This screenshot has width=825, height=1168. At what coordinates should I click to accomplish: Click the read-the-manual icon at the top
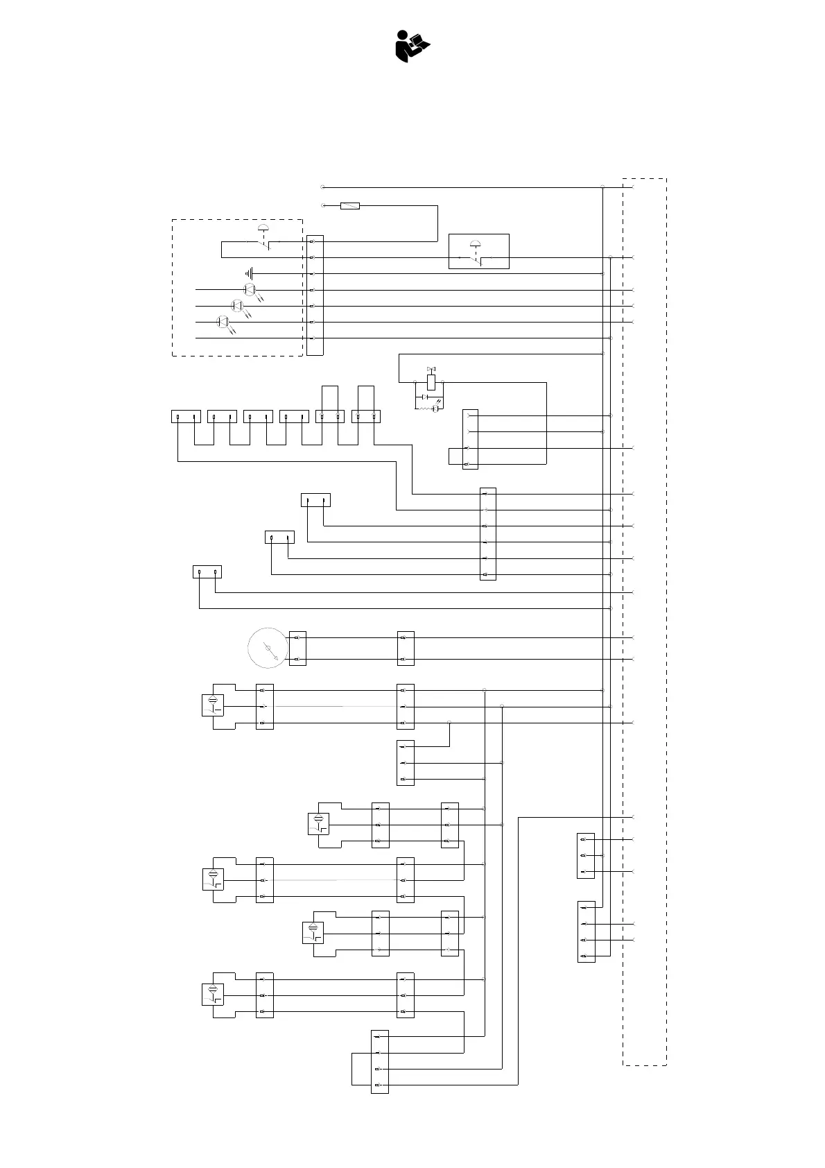coord(412,46)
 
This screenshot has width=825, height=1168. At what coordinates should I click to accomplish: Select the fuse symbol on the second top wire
coord(350,206)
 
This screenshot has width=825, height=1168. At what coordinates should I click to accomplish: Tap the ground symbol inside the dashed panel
coord(250,274)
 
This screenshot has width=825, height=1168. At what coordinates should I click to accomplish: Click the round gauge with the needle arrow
coord(268,649)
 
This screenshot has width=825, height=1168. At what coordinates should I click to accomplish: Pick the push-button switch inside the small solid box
coord(478,252)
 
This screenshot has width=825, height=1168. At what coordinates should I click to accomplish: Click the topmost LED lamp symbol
coord(251,289)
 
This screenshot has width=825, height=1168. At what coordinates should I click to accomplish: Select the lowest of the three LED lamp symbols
coord(222,321)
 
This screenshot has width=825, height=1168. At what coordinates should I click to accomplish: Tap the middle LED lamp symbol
coord(236,305)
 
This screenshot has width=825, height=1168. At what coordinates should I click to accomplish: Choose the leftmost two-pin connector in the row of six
coord(186,417)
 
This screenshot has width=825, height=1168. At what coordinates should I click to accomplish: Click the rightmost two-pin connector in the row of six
coord(366,417)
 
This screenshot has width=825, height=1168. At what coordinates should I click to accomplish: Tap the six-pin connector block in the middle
coord(488,534)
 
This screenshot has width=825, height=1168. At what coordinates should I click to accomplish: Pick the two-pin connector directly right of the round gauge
coord(297,649)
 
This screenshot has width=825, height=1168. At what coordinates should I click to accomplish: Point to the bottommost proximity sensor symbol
coord(213,995)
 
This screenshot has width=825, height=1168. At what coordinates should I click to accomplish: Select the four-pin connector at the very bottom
coord(380,1061)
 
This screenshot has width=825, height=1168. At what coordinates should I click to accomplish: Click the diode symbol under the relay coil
coord(424,397)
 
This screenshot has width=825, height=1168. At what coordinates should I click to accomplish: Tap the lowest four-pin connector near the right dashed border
coord(586,931)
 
